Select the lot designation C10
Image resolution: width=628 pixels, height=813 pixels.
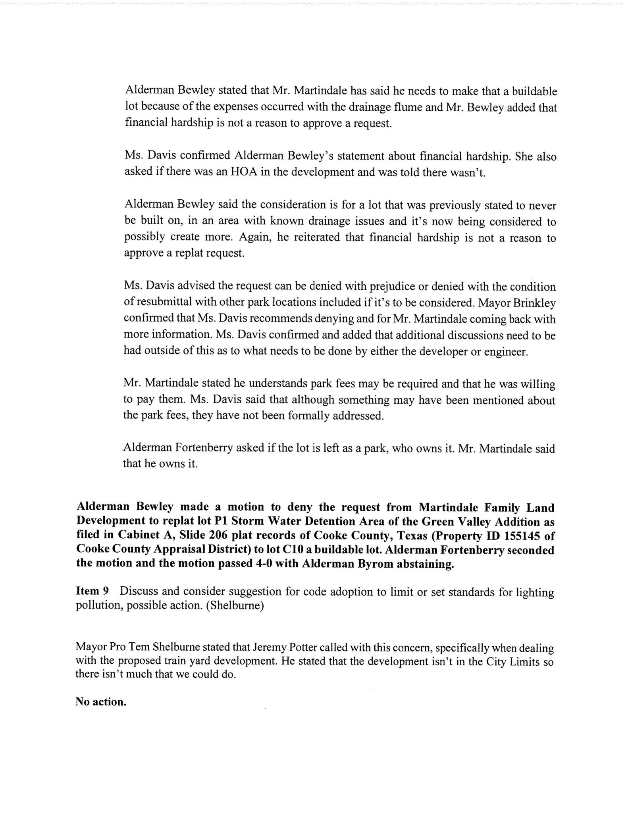tap(282, 550)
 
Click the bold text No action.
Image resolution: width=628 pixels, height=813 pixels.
tap(101, 702)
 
